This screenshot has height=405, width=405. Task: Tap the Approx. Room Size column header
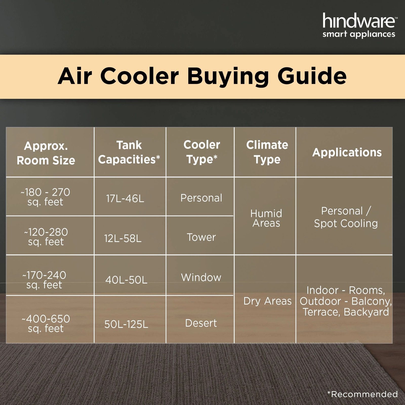pos(46,153)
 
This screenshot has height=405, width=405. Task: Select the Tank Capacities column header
pos(129,152)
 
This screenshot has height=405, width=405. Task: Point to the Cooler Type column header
pos(201,152)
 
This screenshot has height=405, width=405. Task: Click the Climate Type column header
pos(267,152)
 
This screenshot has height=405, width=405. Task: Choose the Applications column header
pos(347,152)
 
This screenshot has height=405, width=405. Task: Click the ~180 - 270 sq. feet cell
pos(45,197)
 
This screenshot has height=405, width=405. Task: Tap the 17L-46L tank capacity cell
pos(125,199)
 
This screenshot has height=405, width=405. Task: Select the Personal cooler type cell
pos(201,198)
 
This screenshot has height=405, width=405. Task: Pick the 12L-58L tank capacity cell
pos(123,238)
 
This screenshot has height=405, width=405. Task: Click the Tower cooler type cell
pos(201,237)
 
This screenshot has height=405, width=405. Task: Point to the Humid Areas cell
pos(266,218)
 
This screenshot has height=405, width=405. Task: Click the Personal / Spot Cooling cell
pos(346,217)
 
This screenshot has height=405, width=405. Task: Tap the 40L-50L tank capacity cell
pos(126,280)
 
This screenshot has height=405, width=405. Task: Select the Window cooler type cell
pos(201,278)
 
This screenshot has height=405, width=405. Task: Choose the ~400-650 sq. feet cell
pos(46,323)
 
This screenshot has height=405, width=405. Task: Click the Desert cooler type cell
pos(201,323)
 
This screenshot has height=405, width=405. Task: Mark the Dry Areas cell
pos(267,301)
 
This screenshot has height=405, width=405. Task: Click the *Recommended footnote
pos(362,394)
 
